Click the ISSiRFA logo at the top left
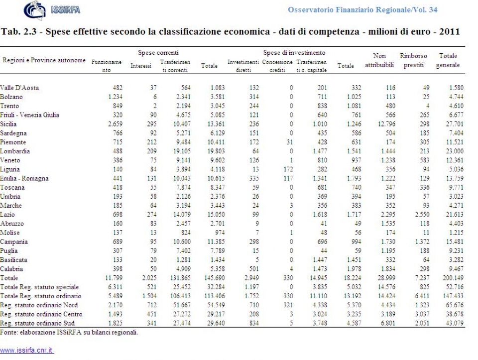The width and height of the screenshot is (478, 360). (52, 10)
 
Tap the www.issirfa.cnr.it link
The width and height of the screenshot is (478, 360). (27, 350)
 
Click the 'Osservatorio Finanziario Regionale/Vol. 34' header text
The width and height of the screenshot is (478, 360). (362, 10)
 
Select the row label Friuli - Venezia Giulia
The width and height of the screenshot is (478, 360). (29, 115)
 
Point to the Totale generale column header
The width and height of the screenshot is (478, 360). (448, 60)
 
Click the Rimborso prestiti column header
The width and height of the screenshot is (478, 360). (413, 60)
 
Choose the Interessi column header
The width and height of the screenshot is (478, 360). (141, 66)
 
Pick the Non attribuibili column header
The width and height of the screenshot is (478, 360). (379, 60)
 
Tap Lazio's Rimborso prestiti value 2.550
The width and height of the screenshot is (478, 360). (422, 215)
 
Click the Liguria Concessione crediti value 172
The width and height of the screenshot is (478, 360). (288, 169)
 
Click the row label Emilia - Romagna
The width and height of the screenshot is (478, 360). (24, 178)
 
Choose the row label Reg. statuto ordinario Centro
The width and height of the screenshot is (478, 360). (41, 314)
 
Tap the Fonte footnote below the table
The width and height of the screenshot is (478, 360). (69, 332)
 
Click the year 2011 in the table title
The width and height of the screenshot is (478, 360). (449, 31)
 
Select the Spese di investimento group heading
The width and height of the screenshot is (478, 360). (294, 53)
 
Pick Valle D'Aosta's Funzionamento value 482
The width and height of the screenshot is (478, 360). (118, 88)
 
